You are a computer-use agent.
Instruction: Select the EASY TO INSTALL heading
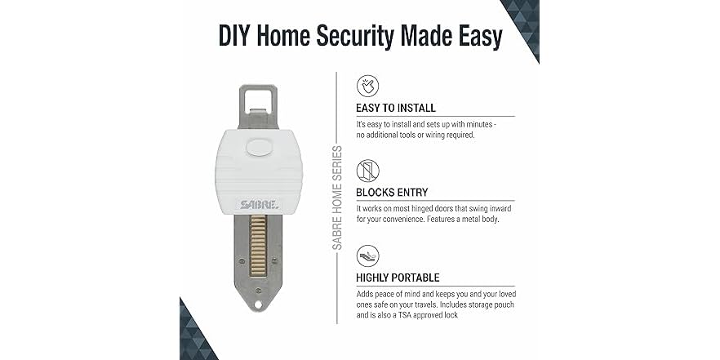(395, 108)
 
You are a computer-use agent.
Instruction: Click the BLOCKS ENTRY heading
(393, 193)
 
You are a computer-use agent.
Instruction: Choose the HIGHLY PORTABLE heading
(397, 278)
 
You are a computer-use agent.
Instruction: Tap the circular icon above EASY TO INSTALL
(368, 86)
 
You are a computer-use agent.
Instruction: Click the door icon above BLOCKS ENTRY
(368, 171)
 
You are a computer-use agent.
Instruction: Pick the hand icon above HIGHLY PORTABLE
(368, 256)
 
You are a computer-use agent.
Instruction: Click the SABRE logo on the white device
(259, 205)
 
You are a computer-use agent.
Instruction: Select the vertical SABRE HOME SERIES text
(337, 197)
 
